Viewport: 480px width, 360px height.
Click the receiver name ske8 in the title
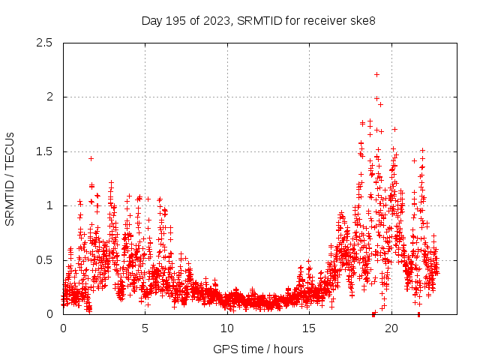point(361,20)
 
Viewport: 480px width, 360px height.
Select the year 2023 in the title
point(214,20)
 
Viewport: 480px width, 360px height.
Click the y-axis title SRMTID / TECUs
point(10,178)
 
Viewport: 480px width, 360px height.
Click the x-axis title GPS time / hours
point(258,349)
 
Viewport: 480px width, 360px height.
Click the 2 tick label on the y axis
point(49,97)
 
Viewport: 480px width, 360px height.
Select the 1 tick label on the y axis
point(49,205)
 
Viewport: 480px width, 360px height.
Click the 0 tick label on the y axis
point(49,314)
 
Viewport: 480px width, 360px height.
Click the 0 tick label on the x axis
point(63,328)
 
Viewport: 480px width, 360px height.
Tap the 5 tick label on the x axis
point(145,328)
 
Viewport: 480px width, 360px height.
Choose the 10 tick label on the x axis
point(227,328)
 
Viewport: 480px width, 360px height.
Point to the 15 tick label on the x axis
point(310,328)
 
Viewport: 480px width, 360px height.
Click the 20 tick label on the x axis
point(391,328)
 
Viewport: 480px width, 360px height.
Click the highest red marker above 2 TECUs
point(376,74)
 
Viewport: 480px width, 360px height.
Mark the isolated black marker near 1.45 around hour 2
point(91,158)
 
